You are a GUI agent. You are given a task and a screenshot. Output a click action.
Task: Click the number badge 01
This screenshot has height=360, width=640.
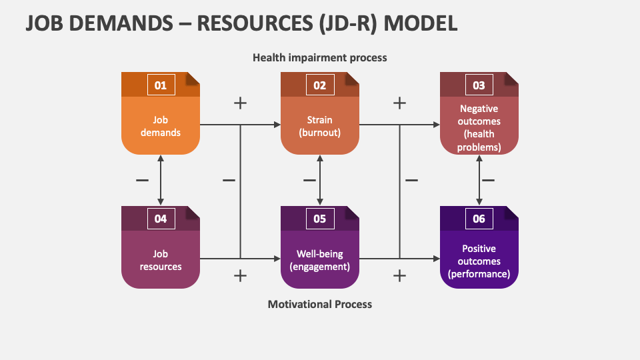(x=160, y=85)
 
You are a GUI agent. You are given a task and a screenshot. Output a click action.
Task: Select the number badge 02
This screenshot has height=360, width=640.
(x=319, y=85)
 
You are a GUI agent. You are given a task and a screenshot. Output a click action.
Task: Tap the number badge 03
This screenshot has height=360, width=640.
(x=479, y=85)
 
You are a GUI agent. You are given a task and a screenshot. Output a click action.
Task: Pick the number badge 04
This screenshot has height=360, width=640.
(x=160, y=219)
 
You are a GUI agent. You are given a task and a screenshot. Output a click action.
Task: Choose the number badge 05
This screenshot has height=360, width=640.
(x=319, y=219)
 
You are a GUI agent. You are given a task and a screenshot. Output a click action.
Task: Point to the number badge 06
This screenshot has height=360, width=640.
(x=479, y=219)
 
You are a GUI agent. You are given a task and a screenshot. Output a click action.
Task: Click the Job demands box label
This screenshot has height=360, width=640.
(x=160, y=126)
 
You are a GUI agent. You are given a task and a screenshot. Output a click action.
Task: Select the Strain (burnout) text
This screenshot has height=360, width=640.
(x=319, y=126)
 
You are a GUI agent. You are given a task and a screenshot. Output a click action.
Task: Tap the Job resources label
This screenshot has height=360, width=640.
(x=160, y=260)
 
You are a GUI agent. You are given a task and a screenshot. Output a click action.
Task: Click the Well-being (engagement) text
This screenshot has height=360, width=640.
(x=319, y=260)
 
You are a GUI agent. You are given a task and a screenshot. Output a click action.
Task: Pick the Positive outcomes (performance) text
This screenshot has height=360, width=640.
(x=479, y=261)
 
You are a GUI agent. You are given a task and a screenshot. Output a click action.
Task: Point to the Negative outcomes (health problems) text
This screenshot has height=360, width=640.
(x=479, y=127)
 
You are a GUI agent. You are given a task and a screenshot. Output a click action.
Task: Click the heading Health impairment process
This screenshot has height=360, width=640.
(x=319, y=58)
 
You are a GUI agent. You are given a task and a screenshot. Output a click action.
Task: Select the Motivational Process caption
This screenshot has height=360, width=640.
(x=319, y=304)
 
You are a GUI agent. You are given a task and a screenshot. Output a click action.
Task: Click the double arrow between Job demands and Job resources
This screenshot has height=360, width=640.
(x=160, y=180)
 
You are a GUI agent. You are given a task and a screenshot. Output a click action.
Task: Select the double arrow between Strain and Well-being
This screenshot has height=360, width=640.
(x=320, y=180)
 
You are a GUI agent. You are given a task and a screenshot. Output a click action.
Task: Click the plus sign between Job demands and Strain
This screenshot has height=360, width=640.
(x=240, y=103)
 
